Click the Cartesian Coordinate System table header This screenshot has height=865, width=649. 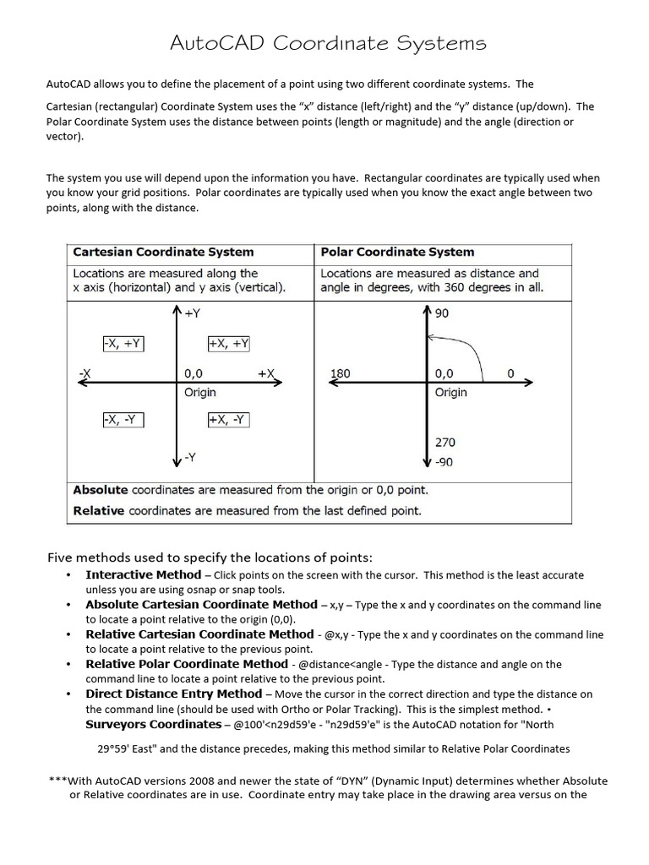(163, 252)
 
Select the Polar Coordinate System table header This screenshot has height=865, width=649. (397, 252)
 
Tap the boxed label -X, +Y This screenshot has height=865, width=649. (123, 343)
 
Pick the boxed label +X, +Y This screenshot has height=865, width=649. (228, 343)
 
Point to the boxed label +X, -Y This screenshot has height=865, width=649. (228, 420)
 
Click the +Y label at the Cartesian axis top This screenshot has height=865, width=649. (194, 313)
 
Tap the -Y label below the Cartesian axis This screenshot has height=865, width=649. (191, 457)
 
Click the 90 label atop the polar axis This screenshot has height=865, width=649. (442, 313)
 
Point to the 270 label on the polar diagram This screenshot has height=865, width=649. (445, 442)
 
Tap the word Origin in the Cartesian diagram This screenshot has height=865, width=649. (200, 392)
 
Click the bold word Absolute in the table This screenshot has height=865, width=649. (101, 490)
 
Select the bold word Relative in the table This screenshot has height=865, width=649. (99, 510)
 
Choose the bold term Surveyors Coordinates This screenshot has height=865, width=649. (152, 724)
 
